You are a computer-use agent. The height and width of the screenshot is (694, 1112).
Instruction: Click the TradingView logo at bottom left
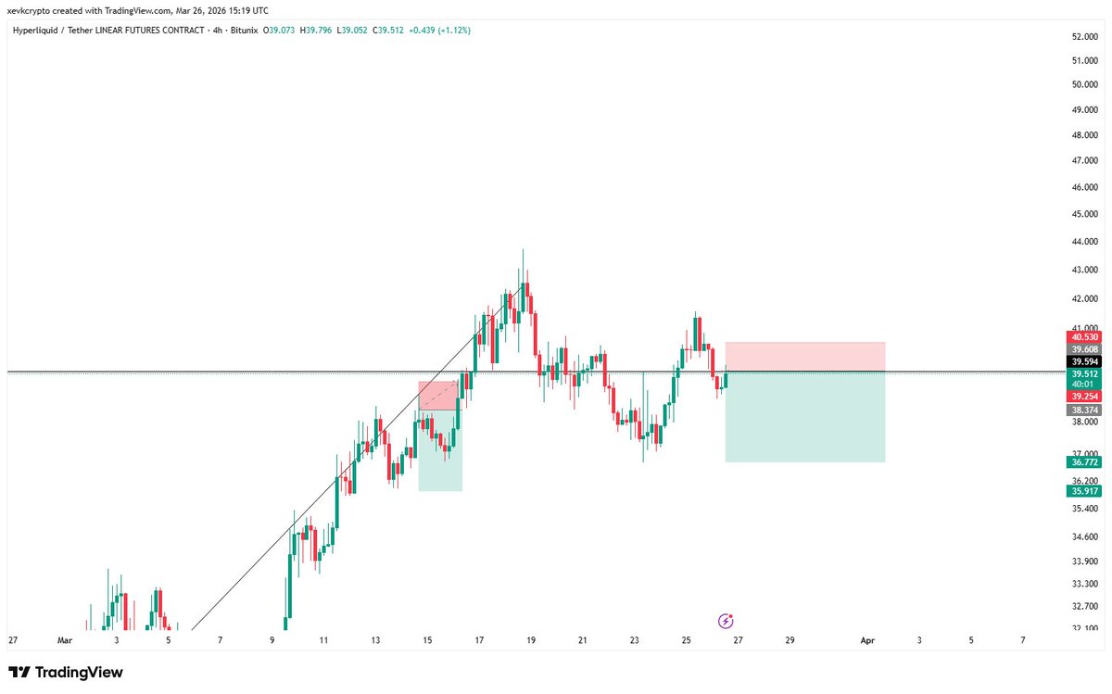coord(65,673)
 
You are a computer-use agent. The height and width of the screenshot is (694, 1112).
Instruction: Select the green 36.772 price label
coord(1083,461)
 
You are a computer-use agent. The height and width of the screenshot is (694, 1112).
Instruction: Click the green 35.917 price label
coord(1083,491)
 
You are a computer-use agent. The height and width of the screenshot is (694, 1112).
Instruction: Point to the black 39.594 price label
coord(1083,361)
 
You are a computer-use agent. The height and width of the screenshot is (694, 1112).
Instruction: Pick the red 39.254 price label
coord(1083,396)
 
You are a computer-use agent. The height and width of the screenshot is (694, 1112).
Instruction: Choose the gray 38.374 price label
coord(1083,410)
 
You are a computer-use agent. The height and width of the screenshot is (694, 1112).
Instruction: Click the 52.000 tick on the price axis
coord(1084,36)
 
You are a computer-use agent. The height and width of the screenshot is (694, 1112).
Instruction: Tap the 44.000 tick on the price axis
coord(1084,242)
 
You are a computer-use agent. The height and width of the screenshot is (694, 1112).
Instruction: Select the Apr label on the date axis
coord(867,639)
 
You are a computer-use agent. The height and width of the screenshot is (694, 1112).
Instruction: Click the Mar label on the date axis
coord(64,639)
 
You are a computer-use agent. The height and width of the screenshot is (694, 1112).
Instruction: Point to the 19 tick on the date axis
coord(531,639)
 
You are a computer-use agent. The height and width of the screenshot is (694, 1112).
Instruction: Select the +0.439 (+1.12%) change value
coord(438,30)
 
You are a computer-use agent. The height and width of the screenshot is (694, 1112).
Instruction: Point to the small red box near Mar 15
coord(437,396)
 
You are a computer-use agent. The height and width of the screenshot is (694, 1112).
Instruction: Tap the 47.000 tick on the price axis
coord(1084,160)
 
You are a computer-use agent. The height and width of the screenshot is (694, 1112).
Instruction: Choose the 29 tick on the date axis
coord(790,639)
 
